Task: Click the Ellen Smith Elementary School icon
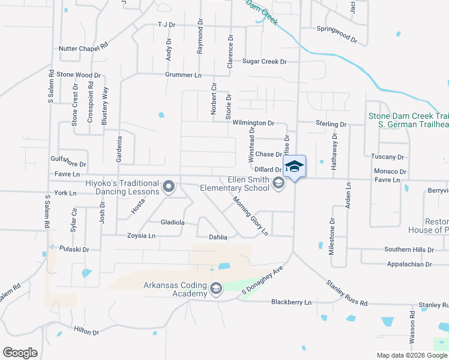(x=278, y=183)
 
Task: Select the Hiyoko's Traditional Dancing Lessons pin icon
(x=169, y=187)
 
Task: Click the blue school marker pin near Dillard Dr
(x=294, y=166)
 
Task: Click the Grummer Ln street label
(x=184, y=75)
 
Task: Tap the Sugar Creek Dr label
(x=265, y=61)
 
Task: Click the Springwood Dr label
(x=337, y=35)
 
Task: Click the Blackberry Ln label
(x=291, y=302)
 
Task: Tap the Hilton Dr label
(x=86, y=331)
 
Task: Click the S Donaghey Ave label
(x=262, y=281)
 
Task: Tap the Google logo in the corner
(x=20, y=353)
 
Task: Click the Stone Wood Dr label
(x=79, y=76)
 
